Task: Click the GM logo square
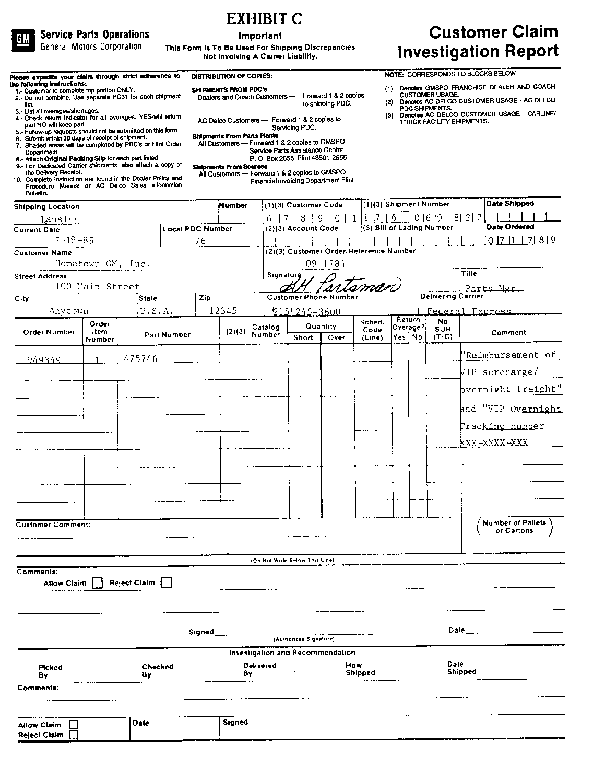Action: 22,40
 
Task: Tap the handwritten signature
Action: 340,285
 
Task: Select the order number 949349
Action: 43,359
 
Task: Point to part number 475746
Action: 140,359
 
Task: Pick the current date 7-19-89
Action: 74,241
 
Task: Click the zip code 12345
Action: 222,311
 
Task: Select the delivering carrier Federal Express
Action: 468,311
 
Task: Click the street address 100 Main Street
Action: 97,286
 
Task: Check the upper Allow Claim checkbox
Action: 97,583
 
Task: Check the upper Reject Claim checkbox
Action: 166,582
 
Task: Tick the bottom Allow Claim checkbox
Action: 74,725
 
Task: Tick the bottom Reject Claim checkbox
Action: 74,735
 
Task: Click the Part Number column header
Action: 168,335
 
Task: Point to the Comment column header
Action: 508,332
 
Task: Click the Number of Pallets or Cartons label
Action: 514,527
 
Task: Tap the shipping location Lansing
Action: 60,219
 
